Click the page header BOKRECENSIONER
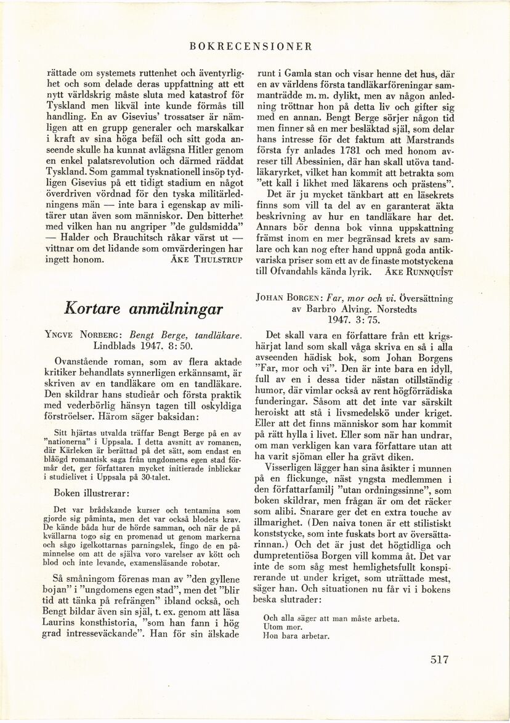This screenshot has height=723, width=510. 252,46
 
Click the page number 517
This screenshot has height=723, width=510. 439,659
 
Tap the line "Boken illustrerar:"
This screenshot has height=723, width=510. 91,492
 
